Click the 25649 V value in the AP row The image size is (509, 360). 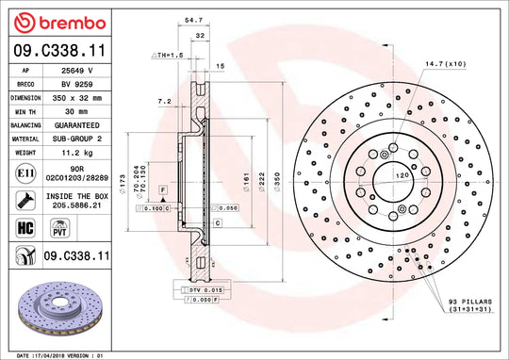click(x=80, y=71)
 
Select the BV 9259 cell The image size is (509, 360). click(x=80, y=84)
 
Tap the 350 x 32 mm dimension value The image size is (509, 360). click(x=80, y=97)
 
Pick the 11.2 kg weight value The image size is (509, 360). click(x=80, y=151)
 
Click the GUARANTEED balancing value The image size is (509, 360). click(x=80, y=124)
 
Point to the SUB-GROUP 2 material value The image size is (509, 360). click(x=80, y=138)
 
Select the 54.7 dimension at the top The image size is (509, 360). click(x=194, y=19)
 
